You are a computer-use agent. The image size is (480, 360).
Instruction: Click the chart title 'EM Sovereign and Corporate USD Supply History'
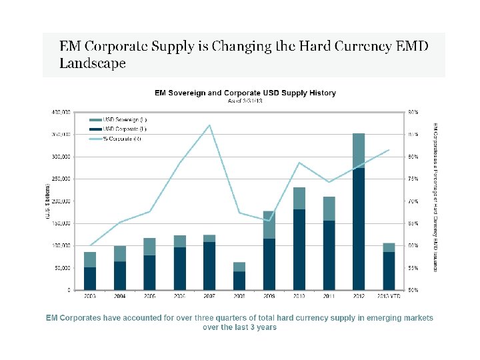[x=245, y=93]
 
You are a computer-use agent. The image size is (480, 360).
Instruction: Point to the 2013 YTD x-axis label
[x=389, y=295]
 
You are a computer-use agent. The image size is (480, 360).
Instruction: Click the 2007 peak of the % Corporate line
[x=209, y=125]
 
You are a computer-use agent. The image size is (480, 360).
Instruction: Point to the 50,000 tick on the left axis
[x=63, y=267]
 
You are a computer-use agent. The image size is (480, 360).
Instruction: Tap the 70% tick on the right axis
[x=413, y=201]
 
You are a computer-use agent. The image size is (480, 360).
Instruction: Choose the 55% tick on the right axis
[x=413, y=267]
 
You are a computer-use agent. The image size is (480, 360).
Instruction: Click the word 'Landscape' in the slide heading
[x=93, y=64]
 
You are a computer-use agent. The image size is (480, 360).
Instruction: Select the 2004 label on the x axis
[x=120, y=295]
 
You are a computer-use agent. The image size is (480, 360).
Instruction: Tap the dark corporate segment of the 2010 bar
[x=299, y=249]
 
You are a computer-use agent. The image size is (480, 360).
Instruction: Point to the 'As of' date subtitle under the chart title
[x=245, y=101]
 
